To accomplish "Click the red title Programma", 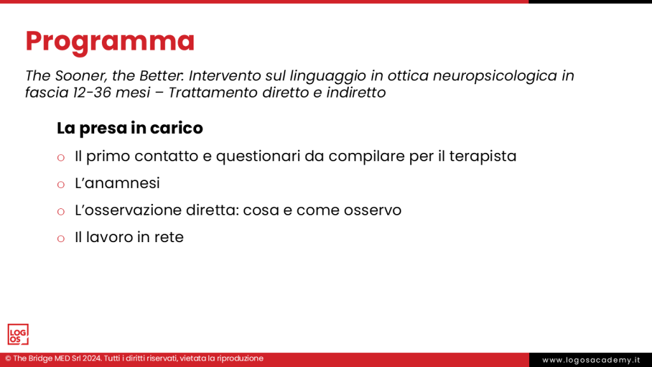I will pos(110,41).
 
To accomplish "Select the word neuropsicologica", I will pos(495,76).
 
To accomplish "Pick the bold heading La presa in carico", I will pos(130,128).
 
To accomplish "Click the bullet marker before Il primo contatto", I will pos(61,157).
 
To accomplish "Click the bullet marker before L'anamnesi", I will pos(61,185).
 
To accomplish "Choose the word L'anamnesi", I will pos(117,183).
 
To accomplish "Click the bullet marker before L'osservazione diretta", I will pos(61,212).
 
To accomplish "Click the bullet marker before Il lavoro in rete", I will pos(61,239).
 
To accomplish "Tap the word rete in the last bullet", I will pos(169,238).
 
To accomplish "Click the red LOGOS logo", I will pos(18,335).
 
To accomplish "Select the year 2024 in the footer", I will pos(90,359).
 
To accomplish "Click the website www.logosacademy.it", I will pos(590,360).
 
